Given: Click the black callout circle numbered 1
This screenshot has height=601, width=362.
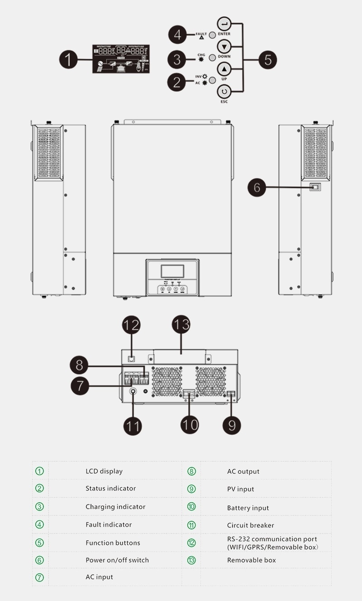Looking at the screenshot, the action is [68, 59].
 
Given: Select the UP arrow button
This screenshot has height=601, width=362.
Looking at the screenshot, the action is [224, 69].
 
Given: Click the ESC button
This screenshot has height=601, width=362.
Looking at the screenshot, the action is [224, 92].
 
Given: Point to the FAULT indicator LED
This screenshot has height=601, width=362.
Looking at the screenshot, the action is [212, 35].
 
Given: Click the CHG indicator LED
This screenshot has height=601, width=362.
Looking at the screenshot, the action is [212, 59].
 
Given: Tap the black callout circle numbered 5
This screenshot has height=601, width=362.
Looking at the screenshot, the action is [268, 59].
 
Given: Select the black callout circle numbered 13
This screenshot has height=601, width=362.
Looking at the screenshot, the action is [181, 325].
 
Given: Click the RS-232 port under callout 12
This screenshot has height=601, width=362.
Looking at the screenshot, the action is [131, 358].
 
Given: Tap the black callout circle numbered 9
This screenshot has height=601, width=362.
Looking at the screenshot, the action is [232, 424].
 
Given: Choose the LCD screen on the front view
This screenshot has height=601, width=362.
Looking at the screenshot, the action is [172, 271].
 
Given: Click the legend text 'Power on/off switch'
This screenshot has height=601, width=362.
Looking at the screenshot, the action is [117, 560].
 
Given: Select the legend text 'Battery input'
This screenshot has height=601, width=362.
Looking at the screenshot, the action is [248, 508].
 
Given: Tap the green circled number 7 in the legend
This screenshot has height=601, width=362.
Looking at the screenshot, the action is [40, 577].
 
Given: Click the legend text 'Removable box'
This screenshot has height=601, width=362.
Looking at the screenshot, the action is [252, 560].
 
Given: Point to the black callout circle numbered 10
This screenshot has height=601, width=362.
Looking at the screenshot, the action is [190, 424].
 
